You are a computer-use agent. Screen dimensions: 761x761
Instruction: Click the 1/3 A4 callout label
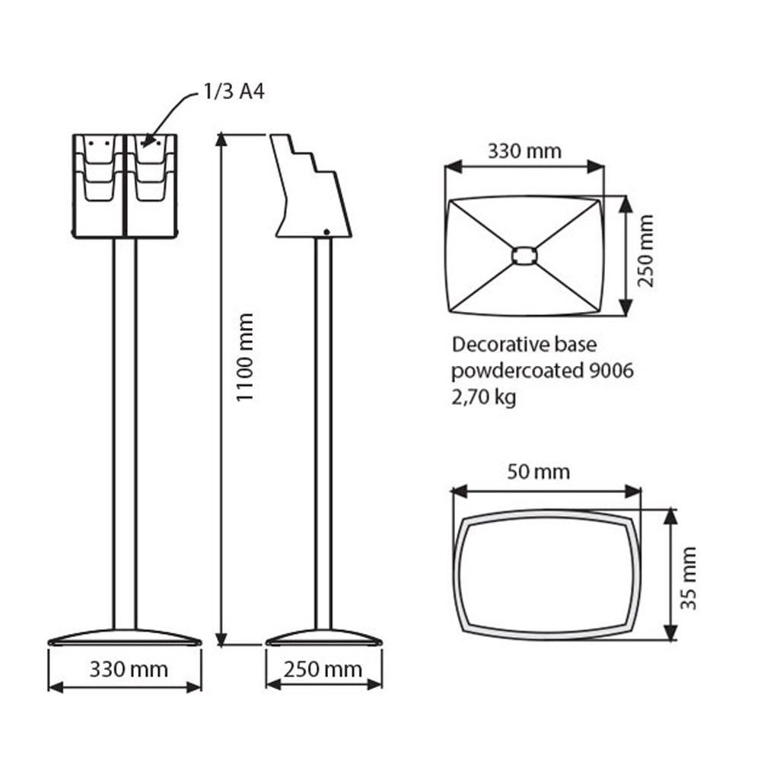pyautogui.click(x=234, y=91)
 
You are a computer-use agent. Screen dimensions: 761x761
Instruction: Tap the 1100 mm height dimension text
pyautogui.click(x=245, y=357)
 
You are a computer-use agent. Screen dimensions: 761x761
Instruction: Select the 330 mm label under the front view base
pyautogui.click(x=129, y=670)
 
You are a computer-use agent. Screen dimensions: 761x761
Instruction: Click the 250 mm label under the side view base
pyautogui.click(x=323, y=670)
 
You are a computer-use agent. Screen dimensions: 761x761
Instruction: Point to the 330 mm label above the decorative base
pyautogui.click(x=524, y=151)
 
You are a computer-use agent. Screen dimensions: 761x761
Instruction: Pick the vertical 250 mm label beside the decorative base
pyautogui.click(x=645, y=251)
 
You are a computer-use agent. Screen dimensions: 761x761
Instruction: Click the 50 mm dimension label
pyautogui.click(x=538, y=472)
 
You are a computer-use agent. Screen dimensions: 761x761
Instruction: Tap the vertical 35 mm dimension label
pyautogui.click(x=688, y=578)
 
